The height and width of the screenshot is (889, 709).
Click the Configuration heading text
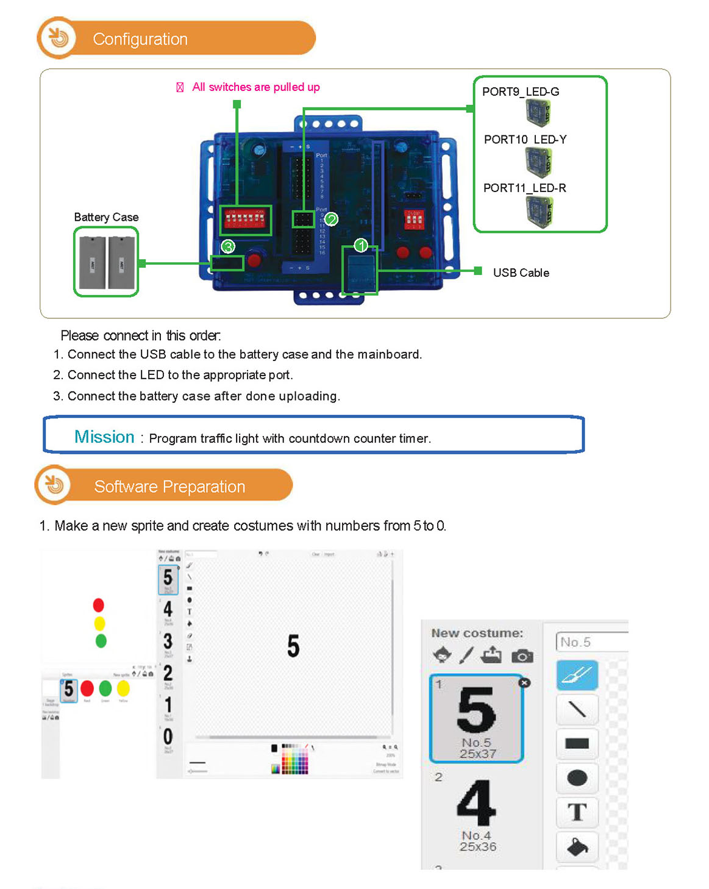click(140, 39)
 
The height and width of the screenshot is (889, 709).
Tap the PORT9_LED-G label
click(520, 92)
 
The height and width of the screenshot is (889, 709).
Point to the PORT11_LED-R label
click(524, 188)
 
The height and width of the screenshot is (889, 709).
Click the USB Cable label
click(521, 273)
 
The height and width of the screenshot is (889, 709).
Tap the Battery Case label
click(106, 217)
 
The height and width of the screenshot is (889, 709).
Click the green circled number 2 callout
click(331, 219)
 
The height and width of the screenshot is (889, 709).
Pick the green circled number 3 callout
click(228, 246)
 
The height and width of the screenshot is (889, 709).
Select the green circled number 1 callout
click(361, 245)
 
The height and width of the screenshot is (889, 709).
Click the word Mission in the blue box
click(104, 437)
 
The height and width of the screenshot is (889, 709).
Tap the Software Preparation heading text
click(169, 487)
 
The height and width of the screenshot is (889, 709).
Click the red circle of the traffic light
click(99, 605)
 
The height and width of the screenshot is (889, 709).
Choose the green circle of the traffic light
click(101, 641)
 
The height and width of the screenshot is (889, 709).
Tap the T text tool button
click(577, 812)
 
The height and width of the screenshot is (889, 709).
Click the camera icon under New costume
click(522, 656)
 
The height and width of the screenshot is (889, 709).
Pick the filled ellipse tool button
click(577, 778)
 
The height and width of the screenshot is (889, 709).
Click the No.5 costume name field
click(590, 642)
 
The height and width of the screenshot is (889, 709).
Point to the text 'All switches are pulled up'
click(255, 87)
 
